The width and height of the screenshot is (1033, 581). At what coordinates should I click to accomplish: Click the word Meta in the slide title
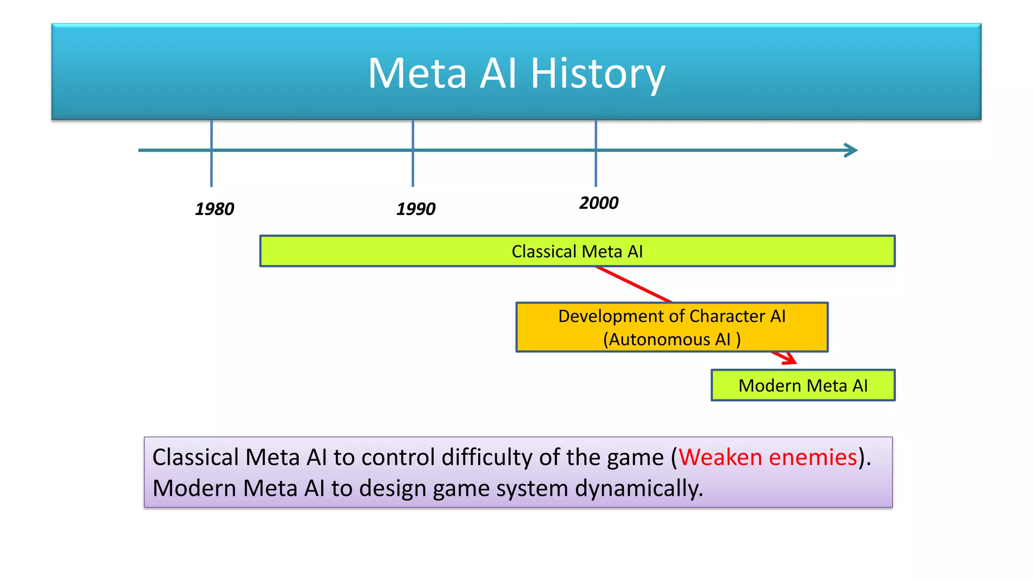(x=417, y=74)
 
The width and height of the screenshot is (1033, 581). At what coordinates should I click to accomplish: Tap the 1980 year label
(x=214, y=209)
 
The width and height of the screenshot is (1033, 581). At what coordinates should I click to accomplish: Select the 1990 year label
(x=416, y=209)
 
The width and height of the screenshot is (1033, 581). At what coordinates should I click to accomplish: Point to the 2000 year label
(x=599, y=203)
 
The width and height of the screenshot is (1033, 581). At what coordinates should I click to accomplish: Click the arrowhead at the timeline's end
(x=852, y=150)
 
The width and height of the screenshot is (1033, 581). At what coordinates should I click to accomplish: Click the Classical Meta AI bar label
(x=577, y=251)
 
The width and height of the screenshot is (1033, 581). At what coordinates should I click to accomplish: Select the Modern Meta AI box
(x=803, y=385)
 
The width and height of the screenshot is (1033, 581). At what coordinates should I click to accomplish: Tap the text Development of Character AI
(x=672, y=316)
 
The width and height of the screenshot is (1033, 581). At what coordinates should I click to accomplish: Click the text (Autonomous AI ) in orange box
(x=672, y=339)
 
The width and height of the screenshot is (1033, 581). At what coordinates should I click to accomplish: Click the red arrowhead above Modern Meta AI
(x=790, y=359)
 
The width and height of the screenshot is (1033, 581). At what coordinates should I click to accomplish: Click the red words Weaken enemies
(x=768, y=457)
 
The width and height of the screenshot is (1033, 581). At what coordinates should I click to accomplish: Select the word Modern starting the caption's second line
(x=194, y=488)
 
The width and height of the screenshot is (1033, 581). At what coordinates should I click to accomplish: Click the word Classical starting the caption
(x=195, y=457)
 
